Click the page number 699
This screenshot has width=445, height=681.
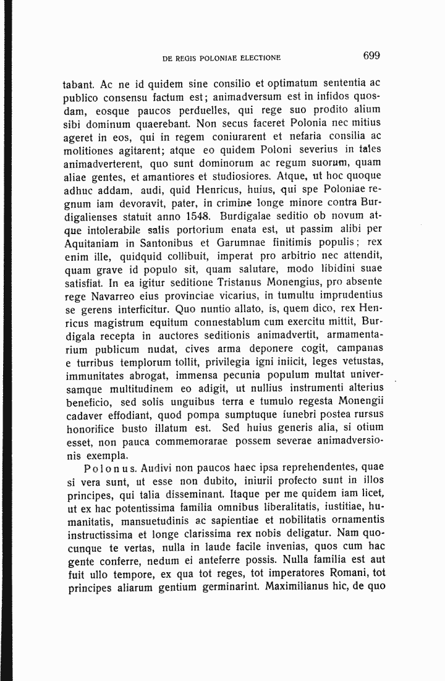tap(371, 56)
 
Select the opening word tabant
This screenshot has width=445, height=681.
tap(78, 83)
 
